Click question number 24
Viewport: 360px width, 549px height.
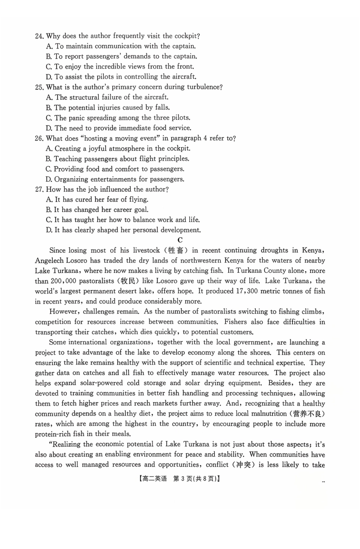pos(39,36)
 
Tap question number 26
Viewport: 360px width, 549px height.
pos(39,139)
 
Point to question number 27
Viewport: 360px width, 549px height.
pos(39,189)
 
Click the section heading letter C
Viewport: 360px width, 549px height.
pos(180,240)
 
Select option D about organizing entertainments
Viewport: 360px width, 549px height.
pos(49,180)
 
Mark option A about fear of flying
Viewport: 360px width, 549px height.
pos(49,200)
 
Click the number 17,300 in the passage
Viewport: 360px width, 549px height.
pos(249,291)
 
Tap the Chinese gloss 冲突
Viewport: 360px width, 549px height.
pos(243,465)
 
